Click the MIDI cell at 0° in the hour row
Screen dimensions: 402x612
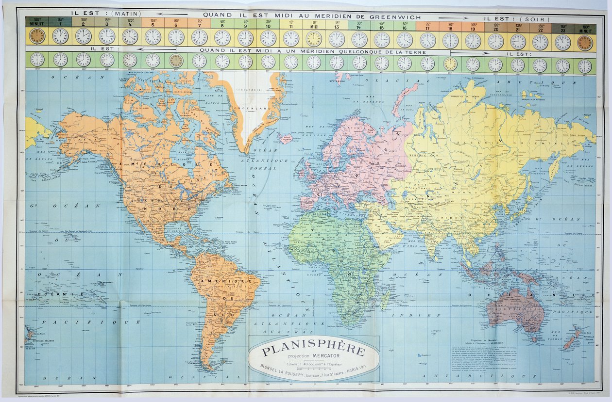(314, 24)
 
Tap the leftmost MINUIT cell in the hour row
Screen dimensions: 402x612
(37, 22)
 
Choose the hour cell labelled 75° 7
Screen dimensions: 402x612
(199, 23)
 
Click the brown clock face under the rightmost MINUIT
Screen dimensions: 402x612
(585, 42)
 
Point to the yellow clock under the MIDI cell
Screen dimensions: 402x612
(314, 39)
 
